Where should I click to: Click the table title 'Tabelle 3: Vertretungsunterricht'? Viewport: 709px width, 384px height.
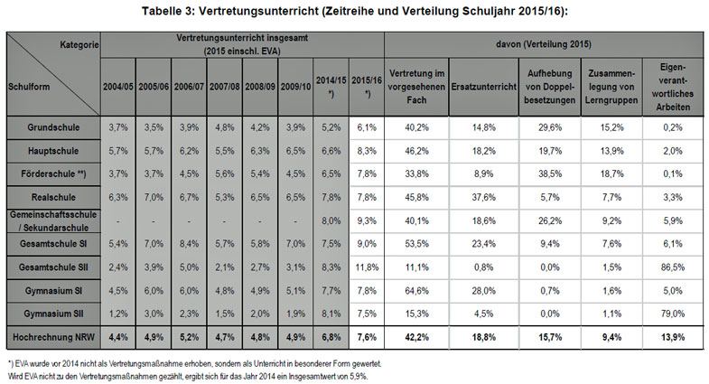pos(353,11)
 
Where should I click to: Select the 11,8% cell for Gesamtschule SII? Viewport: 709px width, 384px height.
pos(364,267)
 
